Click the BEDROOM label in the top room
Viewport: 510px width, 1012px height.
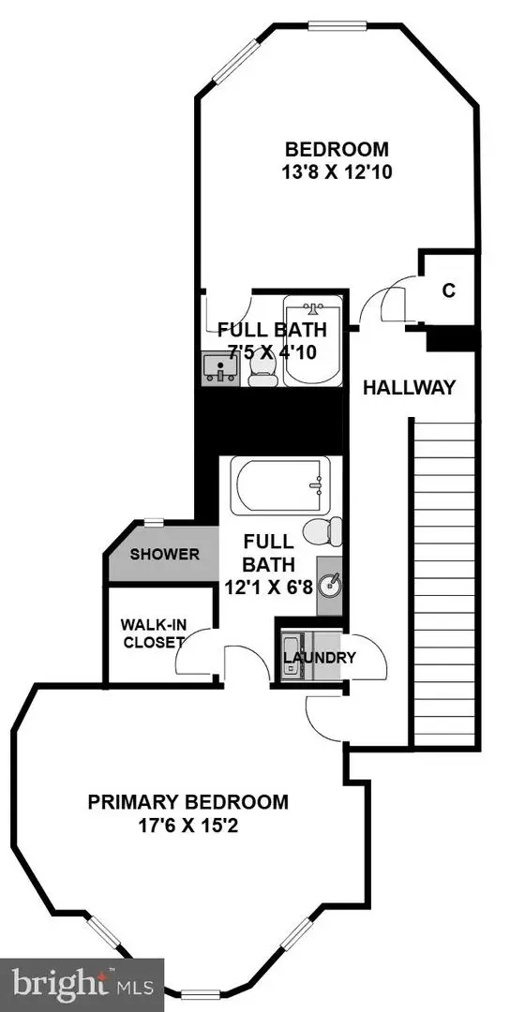pos(337,149)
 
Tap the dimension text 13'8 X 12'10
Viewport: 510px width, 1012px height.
pos(337,172)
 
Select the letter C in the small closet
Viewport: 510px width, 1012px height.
pos(448,290)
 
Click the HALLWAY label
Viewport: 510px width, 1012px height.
pos(409,387)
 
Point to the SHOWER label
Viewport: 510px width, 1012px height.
pos(164,554)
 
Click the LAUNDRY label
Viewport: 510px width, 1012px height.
pos(320,657)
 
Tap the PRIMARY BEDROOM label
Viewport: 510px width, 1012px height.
pos(187,802)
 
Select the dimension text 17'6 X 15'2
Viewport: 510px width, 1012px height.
pos(187,826)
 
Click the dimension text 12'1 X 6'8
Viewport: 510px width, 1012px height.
pos(270,588)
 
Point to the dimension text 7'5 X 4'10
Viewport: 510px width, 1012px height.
pos(272,353)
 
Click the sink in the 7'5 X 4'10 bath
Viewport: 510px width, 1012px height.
pos(221,368)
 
